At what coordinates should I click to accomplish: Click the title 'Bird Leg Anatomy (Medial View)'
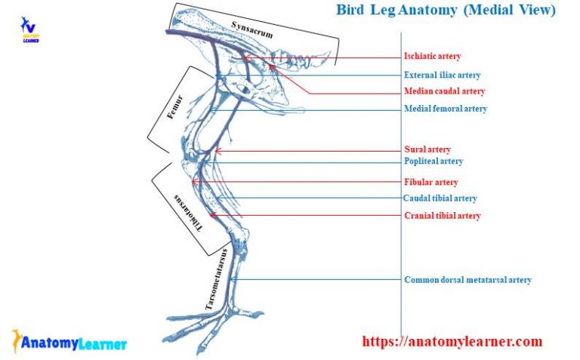[x=446, y=10]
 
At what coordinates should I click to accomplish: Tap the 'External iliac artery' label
[x=442, y=75]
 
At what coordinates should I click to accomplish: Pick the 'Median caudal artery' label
[x=444, y=91]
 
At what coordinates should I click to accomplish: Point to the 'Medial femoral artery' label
[x=446, y=109]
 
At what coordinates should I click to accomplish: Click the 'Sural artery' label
[x=427, y=149]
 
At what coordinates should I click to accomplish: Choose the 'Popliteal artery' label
[x=433, y=162]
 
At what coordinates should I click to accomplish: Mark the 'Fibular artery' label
[x=430, y=183]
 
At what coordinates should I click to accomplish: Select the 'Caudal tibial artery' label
[x=440, y=198]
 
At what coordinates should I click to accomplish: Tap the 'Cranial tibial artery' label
[x=442, y=216]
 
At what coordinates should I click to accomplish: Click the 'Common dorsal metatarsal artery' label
[x=467, y=280]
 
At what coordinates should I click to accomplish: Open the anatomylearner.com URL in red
[x=452, y=342]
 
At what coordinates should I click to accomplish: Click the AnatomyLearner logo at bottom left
[x=69, y=343]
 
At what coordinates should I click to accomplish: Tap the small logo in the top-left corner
[x=30, y=29]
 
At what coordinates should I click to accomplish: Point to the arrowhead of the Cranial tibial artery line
[x=212, y=216]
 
